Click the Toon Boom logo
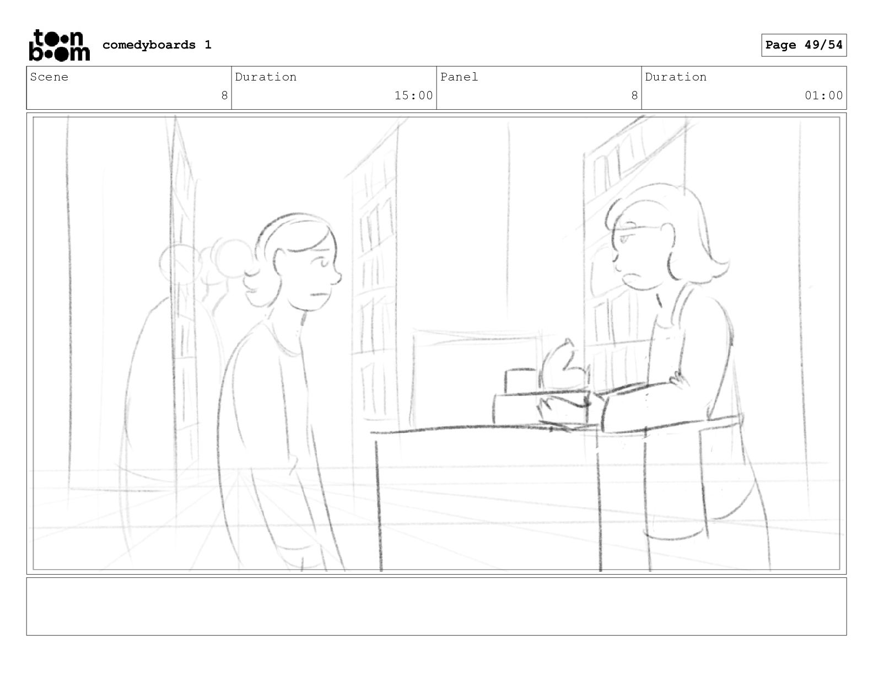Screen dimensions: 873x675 (x=60, y=45)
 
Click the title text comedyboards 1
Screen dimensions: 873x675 (x=157, y=45)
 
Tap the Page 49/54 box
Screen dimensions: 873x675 (x=804, y=45)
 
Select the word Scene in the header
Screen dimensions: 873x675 (x=49, y=77)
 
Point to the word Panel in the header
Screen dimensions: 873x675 (x=459, y=77)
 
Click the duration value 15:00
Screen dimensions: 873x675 (x=413, y=96)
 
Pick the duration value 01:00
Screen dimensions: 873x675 (x=823, y=96)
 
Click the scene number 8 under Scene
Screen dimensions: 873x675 (x=224, y=96)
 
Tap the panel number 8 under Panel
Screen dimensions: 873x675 (x=634, y=96)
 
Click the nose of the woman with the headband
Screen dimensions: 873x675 (x=337, y=277)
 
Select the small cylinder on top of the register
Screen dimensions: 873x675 (x=521, y=380)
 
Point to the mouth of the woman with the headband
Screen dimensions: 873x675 (x=320, y=294)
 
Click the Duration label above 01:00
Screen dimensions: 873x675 (x=676, y=77)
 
